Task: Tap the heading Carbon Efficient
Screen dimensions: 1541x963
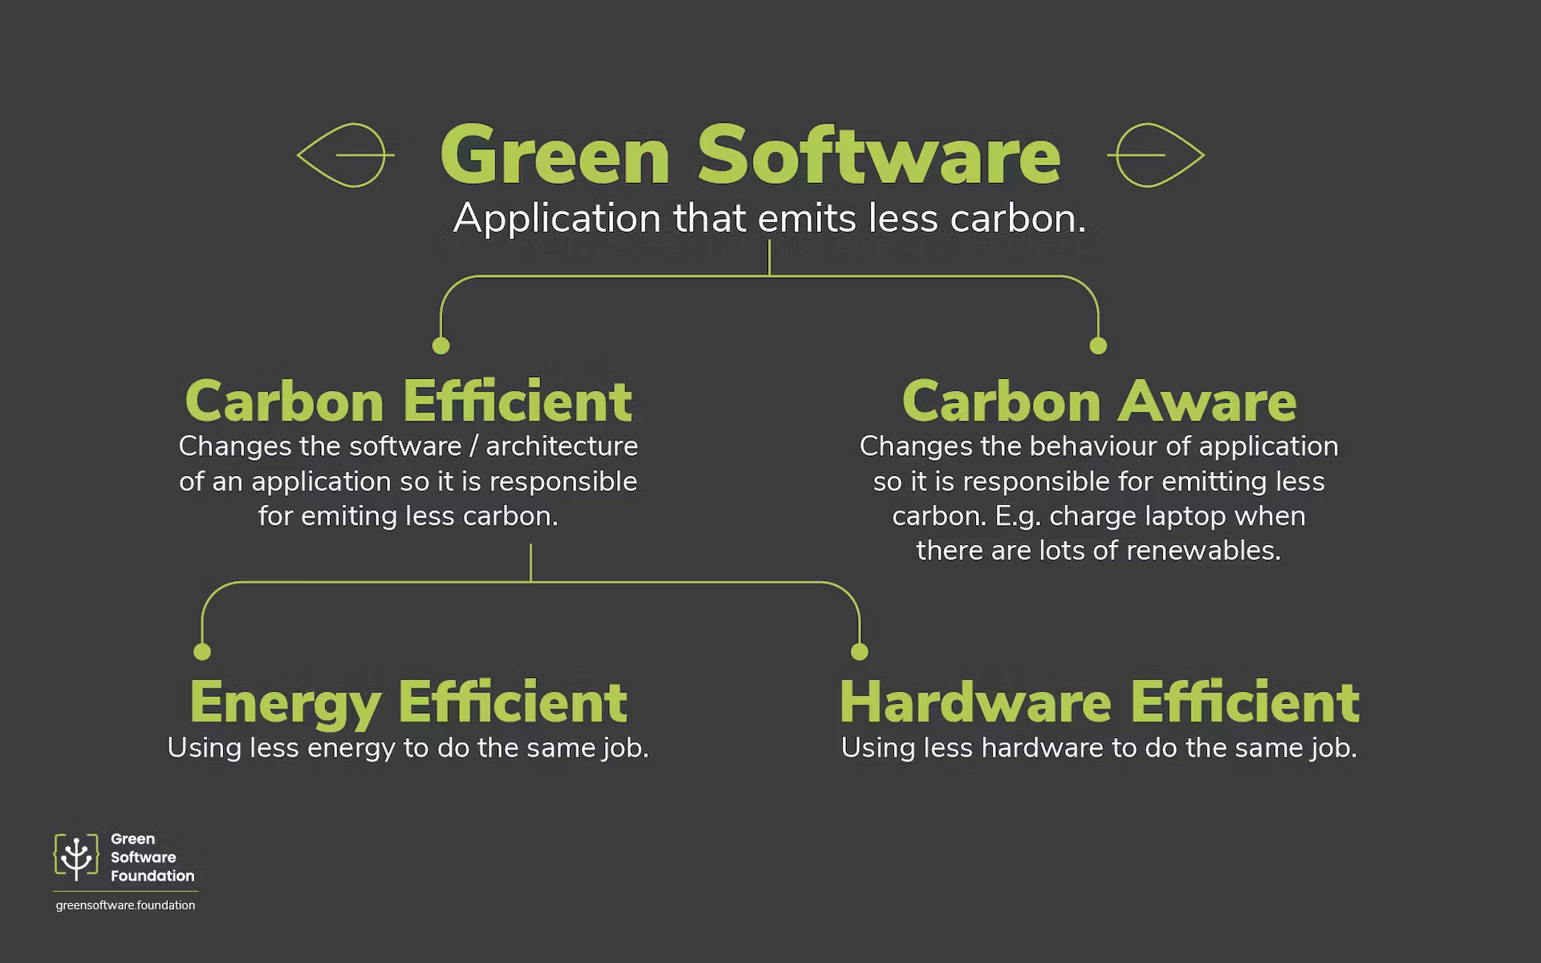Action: coord(409,400)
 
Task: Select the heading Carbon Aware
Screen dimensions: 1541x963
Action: coord(1099,400)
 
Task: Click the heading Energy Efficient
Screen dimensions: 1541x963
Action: coord(409,703)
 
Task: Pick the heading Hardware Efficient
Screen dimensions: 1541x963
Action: coord(1099,701)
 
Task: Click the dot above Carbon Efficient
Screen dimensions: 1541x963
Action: coord(441,346)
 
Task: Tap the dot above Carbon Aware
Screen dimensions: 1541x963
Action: coord(1098,346)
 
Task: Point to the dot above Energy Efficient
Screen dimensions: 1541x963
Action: coord(202,652)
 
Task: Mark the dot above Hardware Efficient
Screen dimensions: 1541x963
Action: coord(860,652)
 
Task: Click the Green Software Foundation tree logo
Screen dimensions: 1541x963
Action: coord(76,857)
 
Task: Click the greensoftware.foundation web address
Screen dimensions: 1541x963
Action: coord(125,905)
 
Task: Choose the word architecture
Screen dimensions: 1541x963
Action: coord(562,446)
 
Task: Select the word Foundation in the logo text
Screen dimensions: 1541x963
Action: coord(152,876)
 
